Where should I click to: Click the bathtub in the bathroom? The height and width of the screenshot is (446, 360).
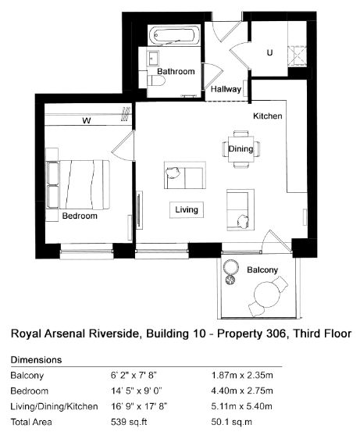coord(174,36)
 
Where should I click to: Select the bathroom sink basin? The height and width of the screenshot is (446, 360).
coord(153,59)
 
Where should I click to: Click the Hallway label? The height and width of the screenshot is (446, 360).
coord(226,89)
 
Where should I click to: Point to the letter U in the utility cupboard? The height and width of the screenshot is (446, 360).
coord(269,52)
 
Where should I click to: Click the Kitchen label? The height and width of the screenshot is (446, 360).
coord(268,116)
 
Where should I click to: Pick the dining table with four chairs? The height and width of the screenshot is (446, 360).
coord(241,149)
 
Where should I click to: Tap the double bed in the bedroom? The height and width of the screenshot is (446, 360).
coord(78,184)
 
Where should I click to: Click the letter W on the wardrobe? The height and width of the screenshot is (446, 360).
coord(87,120)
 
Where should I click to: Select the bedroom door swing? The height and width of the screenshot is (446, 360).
coord(123,146)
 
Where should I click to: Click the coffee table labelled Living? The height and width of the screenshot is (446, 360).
coord(187,210)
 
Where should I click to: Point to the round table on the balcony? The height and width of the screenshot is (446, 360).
coord(267,294)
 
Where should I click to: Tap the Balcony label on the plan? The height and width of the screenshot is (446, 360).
coord(262,269)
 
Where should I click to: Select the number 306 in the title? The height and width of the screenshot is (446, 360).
coord(276,334)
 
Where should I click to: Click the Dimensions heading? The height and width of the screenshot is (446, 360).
coord(36,360)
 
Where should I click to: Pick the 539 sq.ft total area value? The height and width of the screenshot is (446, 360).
coord(129,422)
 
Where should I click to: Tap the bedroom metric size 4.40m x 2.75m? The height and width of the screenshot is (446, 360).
coord(242,391)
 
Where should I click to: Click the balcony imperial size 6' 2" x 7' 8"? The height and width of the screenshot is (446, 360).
coord(134,375)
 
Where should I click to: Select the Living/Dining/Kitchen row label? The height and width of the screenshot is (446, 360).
coord(54,406)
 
